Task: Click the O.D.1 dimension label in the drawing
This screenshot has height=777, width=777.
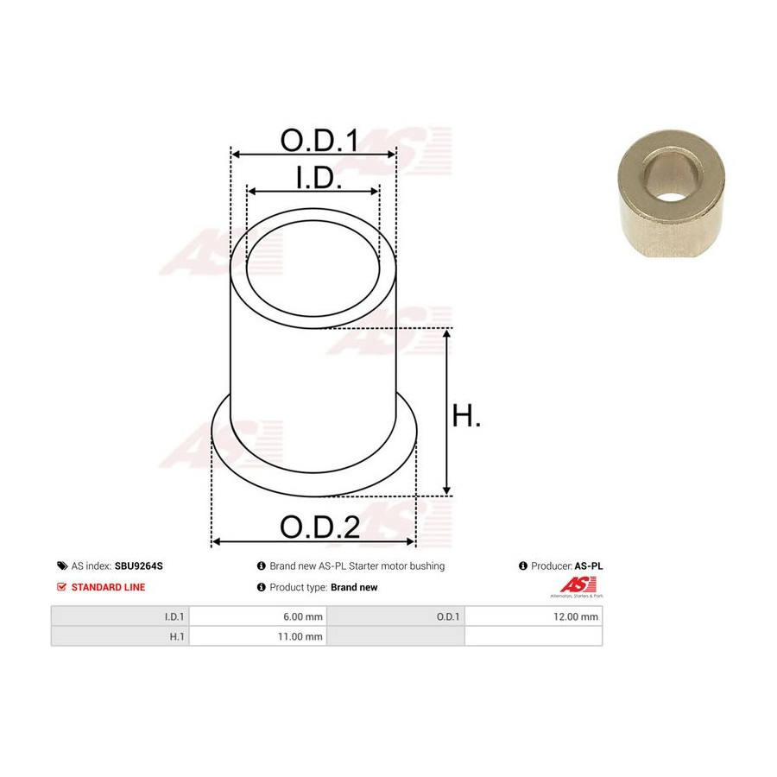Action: tap(319, 140)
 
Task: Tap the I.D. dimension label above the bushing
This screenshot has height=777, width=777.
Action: tap(318, 178)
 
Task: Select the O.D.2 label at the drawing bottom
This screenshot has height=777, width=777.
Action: tap(319, 527)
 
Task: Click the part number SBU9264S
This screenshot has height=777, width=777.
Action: tap(138, 565)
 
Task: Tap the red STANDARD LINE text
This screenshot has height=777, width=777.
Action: tap(108, 587)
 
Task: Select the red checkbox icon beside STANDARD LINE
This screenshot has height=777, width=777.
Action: tap(62, 587)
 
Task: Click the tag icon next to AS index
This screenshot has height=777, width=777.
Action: tap(62, 565)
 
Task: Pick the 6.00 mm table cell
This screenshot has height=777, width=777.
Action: tap(257, 616)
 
